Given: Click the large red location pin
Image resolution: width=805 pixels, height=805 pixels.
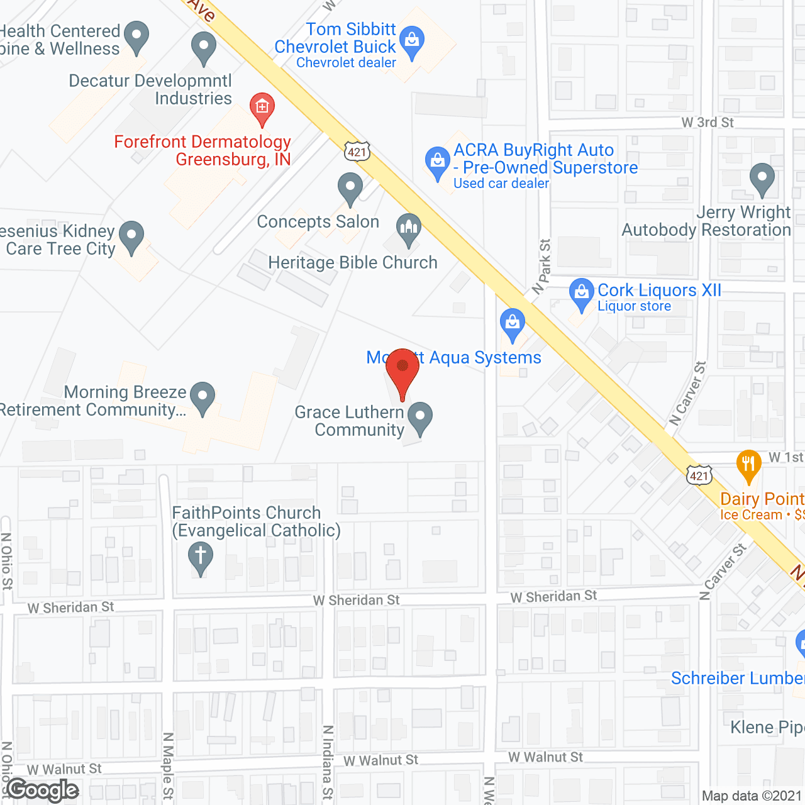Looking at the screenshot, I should [x=402, y=371].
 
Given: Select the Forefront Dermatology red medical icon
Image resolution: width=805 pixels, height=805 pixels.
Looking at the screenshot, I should [x=262, y=108].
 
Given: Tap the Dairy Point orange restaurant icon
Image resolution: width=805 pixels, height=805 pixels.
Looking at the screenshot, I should [x=748, y=465].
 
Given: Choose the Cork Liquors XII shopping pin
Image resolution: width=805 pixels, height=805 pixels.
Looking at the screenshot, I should [x=581, y=293].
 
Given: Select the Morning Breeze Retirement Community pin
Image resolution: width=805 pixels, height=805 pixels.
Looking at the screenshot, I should [x=203, y=397].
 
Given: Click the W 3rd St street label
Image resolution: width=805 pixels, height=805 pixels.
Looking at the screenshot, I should [x=708, y=123].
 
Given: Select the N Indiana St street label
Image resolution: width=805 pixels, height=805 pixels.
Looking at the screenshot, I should [x=328, y=762].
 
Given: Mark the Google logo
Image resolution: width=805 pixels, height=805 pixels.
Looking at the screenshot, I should [x=43, y=790].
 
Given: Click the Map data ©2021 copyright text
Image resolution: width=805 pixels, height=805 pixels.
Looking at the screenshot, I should [x=752, y=796].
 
